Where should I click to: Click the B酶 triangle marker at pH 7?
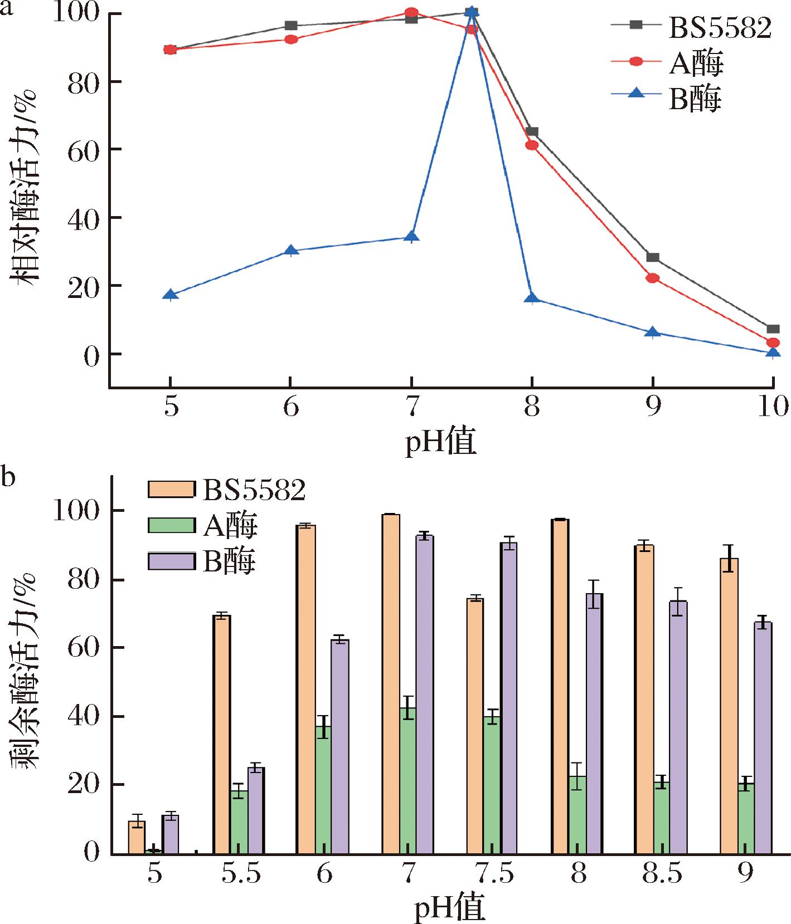(x=411, y=237)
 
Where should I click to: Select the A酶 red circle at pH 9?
(x=652, y=278)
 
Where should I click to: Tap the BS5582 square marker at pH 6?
(x=290, y=26)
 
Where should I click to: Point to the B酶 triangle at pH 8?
(x=532, y=298)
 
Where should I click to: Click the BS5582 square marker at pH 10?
(x=773, y=329)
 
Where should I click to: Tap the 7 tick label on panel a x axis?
(x=411, y=407)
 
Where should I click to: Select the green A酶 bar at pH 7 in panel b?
(x=407, y=780)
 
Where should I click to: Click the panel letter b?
(x=8, y=478)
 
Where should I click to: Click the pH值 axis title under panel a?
(x=440, y=443)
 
